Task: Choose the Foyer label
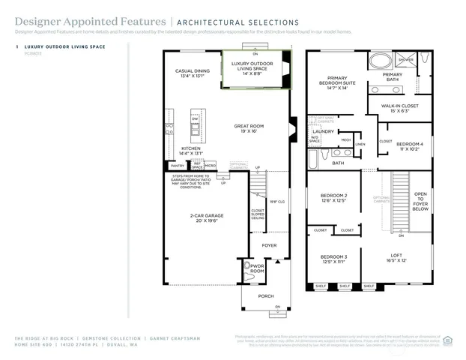tap(268, 245)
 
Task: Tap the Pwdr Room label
tap(257, 268)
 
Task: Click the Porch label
tap(266, 296)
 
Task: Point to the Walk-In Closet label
tap(398, 108)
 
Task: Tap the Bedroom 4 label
tap(411, 146)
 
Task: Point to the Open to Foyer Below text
tap(420, 201)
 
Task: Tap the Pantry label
tap(177, 166)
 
